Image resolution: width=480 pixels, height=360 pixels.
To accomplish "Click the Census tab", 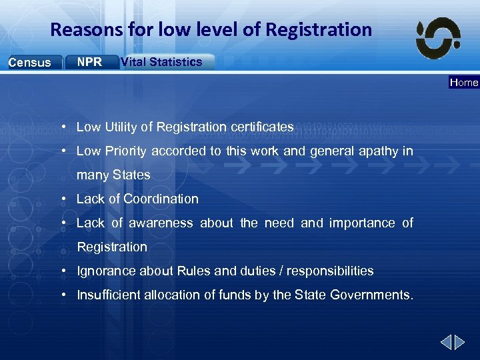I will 30,63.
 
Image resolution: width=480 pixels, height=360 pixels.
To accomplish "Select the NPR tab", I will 90,62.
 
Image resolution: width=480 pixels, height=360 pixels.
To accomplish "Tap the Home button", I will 464,83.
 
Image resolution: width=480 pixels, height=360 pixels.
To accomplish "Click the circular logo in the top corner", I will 438,38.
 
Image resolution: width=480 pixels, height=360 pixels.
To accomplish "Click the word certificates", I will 261,127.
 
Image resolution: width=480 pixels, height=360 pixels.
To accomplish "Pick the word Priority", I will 126,151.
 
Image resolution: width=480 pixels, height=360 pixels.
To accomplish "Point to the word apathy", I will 377,151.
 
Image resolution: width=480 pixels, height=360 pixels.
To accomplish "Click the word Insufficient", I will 107,295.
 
